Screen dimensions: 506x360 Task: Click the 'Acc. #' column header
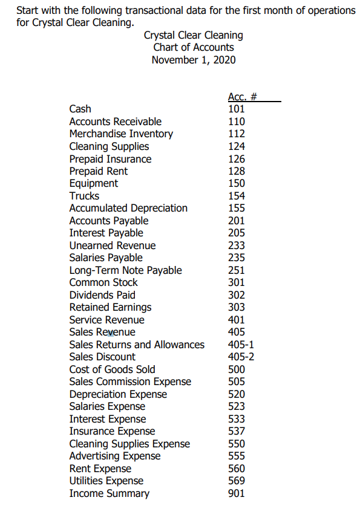click(243, 96)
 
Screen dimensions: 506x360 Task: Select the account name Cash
click(80, 109)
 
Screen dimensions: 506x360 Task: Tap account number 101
click(236, 109)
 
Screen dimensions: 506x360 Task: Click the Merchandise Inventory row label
click(121, 134)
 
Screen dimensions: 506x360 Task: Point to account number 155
click(236, 208)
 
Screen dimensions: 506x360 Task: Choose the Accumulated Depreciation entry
click(128, 208)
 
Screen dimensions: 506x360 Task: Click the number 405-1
click(241, 345)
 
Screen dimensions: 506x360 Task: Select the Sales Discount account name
click(102, 357)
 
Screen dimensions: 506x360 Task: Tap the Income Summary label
click(109, 493)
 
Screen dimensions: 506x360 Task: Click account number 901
click(236, 493)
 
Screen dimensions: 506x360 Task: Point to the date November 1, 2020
click(194, 59)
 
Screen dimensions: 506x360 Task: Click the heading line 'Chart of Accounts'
click(194, 47)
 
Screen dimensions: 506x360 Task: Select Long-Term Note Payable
click(125, 270)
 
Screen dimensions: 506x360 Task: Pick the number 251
click(236, 270)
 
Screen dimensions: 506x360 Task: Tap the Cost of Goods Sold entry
click(112, 369)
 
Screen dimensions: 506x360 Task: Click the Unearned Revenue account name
click(113, 245)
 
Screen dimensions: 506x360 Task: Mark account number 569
click(236, 481)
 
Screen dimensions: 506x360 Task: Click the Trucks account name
click(84, 196)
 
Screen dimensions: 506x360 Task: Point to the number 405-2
click(241, 357)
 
